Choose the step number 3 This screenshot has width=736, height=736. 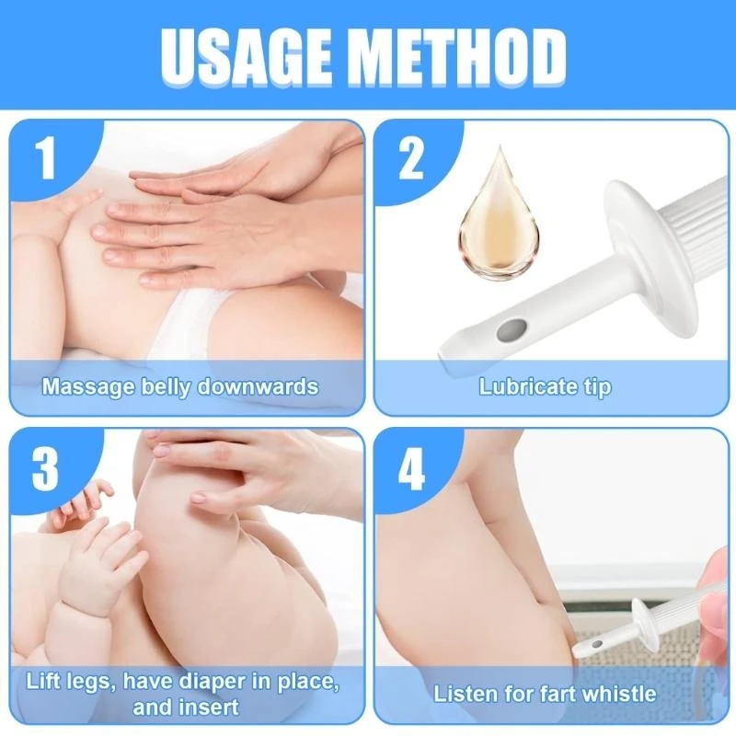tap(47, 469)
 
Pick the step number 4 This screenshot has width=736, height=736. tap(411, 469)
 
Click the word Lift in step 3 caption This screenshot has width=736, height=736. tap(45, 683)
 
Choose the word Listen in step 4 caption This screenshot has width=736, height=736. tap(465, 693)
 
